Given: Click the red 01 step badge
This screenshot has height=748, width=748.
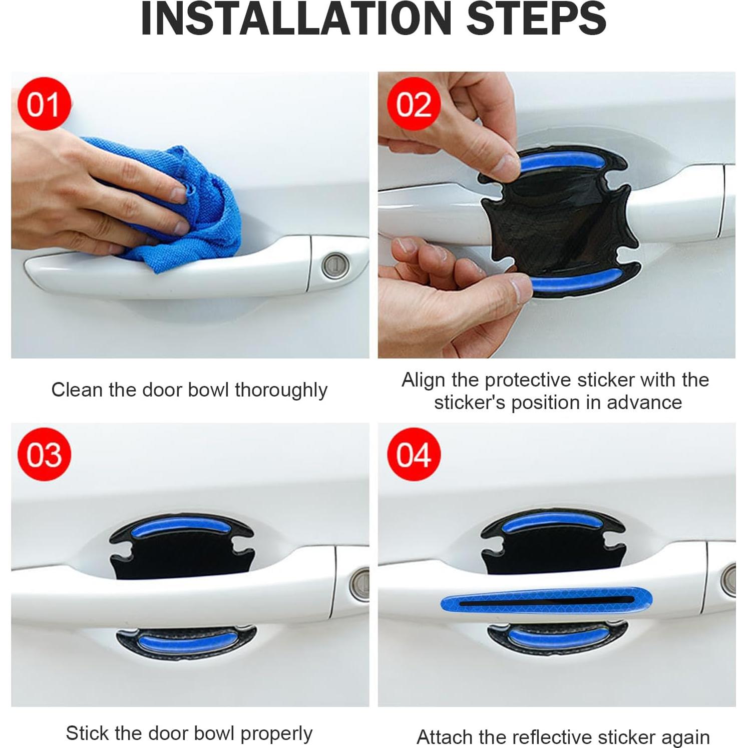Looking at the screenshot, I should click(44, 104).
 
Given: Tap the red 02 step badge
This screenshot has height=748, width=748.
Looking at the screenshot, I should click(414, 104).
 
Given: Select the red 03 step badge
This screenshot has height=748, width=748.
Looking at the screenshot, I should click(44, 454).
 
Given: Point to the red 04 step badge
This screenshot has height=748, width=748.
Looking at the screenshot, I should click(414, 454).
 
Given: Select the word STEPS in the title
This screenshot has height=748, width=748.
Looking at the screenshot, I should click(536, 19).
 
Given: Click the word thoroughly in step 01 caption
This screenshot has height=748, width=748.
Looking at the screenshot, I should click(281, 390).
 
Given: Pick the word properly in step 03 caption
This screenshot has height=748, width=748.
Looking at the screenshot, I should click(276, 733).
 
